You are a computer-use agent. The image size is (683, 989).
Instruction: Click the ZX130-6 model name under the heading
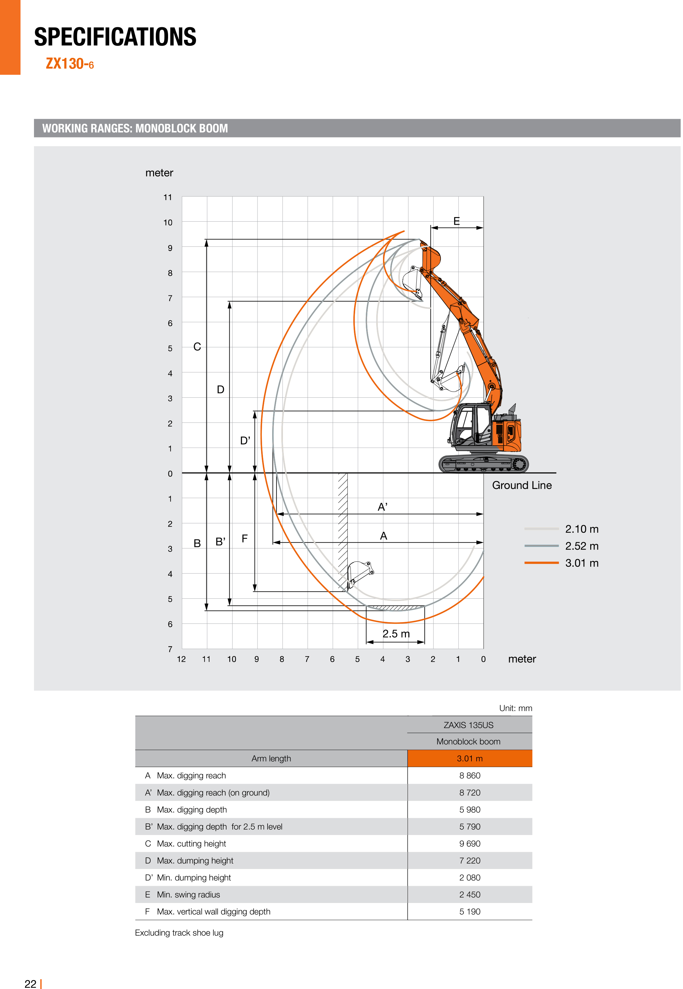[70, 64]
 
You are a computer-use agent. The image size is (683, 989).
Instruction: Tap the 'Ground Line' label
[521, 485]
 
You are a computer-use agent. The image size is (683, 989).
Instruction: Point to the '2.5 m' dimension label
[396, 634]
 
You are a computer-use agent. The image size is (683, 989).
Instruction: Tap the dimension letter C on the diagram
[197, 347]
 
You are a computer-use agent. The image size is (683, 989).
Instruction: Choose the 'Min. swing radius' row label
[188, 894]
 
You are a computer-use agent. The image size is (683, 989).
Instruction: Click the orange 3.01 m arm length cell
[469, 758]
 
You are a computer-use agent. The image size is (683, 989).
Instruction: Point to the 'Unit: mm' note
[515, 708]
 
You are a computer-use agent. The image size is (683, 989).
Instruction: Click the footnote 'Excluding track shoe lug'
[179, 933]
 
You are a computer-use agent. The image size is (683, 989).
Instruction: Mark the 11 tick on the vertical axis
[167, 197]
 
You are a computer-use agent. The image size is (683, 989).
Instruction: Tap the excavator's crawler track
[483, 464]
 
